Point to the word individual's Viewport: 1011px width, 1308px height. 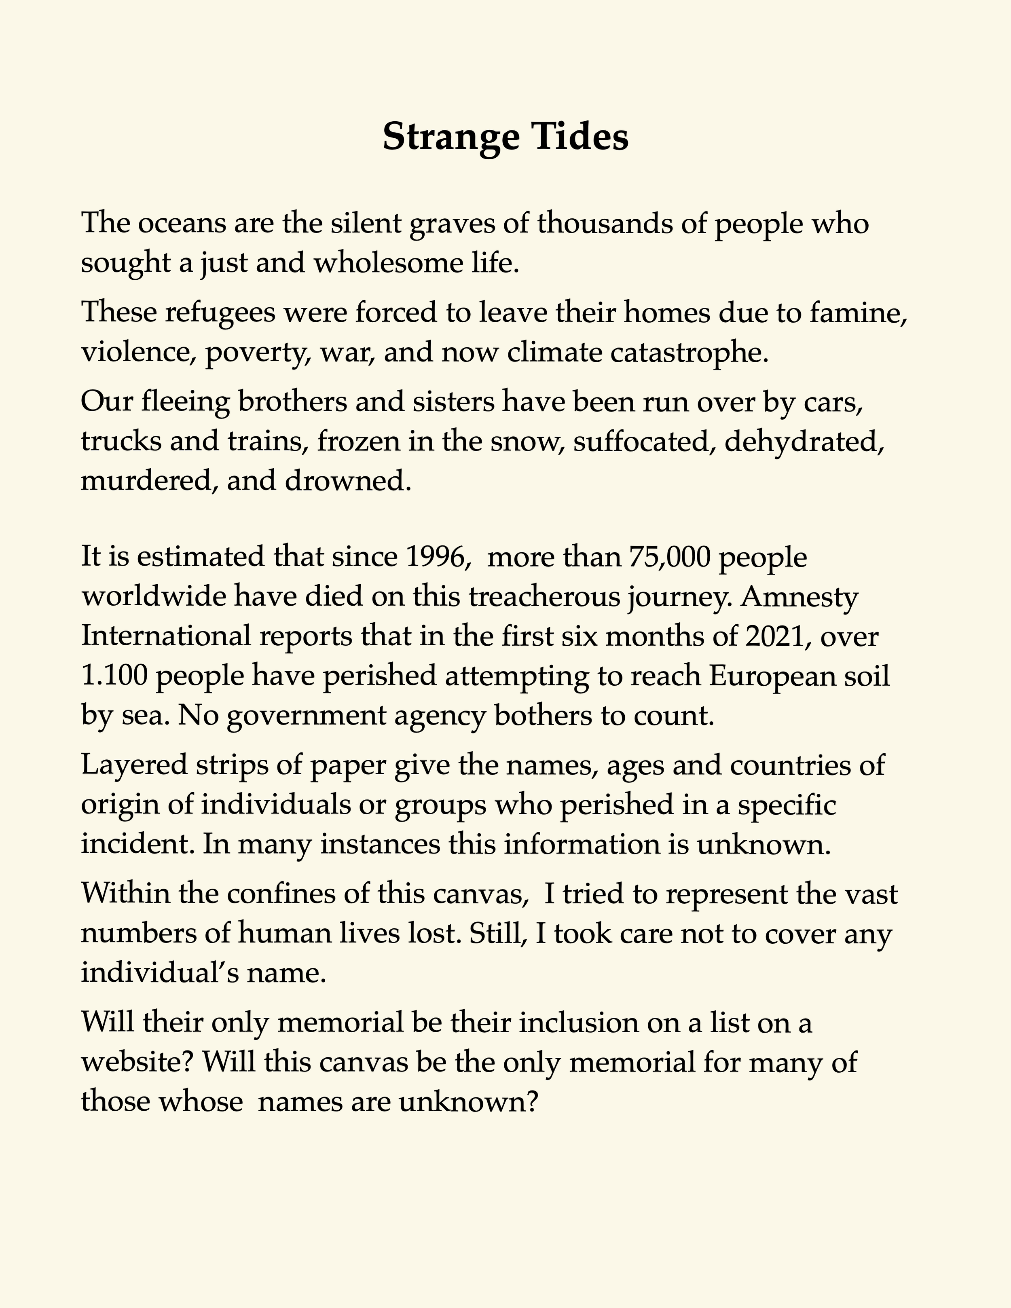point(158,973)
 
